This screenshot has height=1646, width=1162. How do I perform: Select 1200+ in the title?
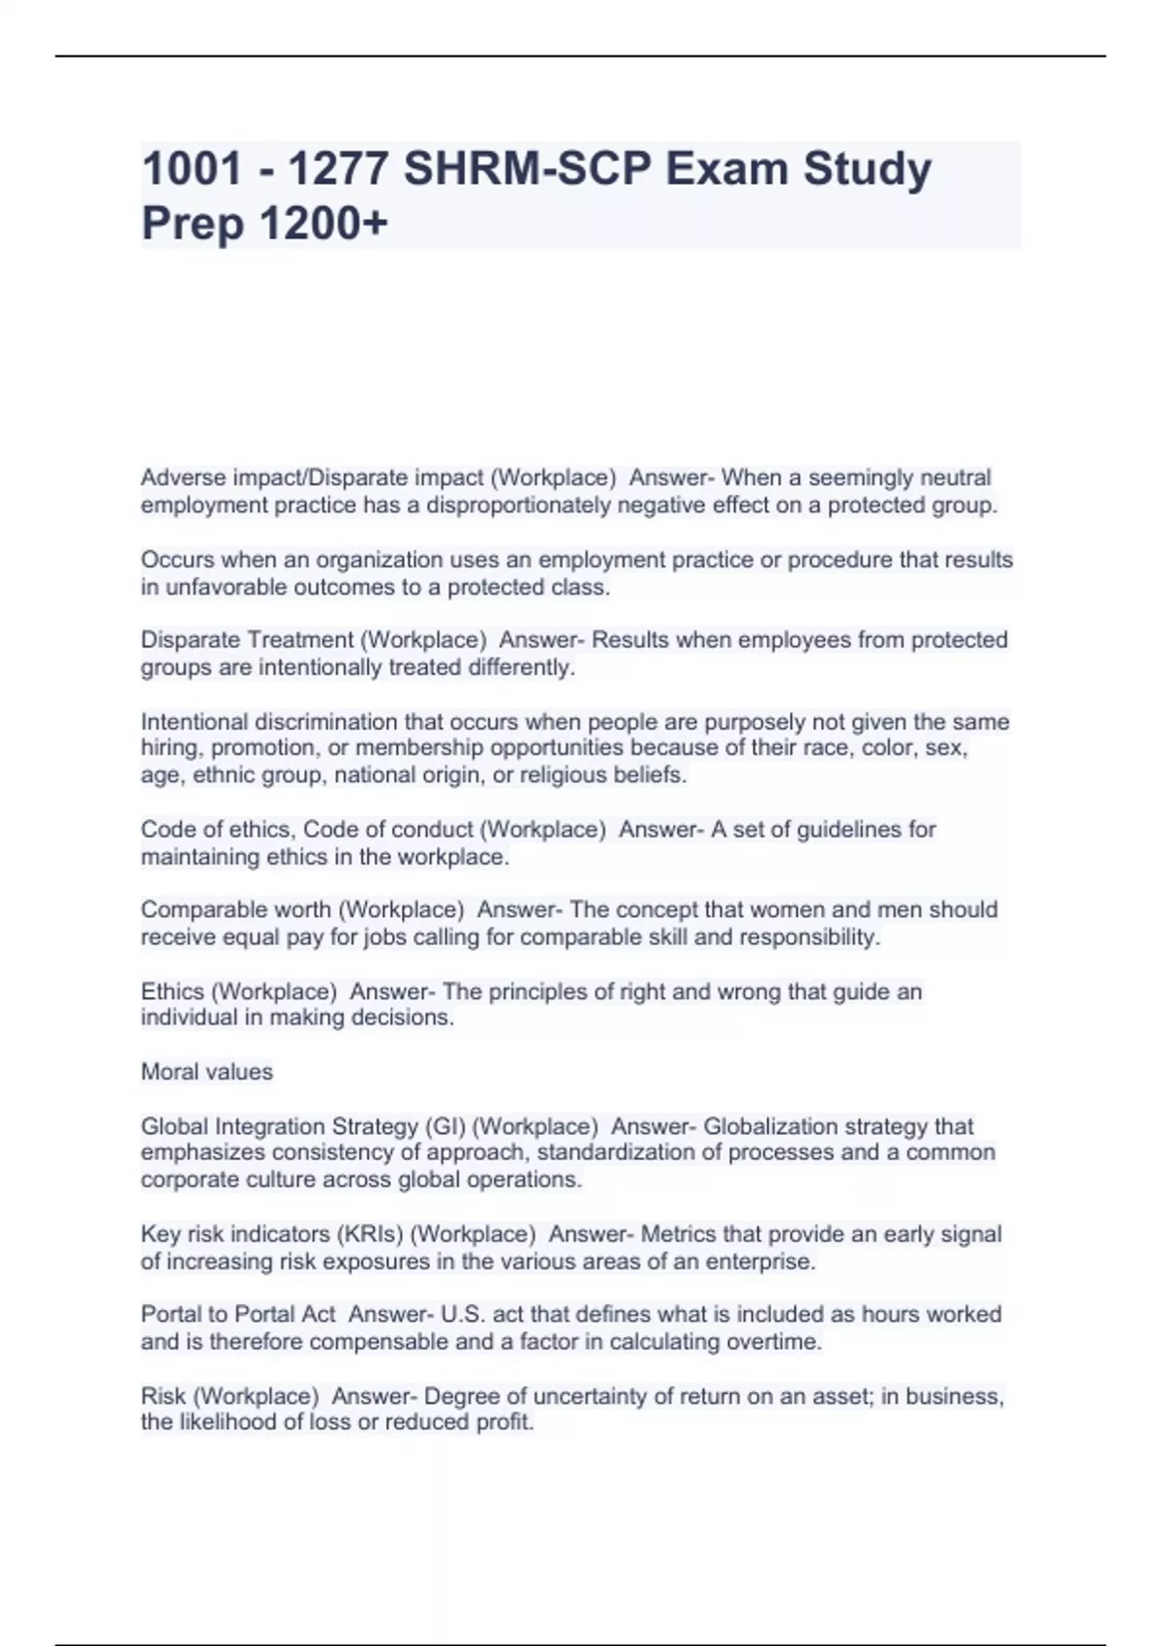323,224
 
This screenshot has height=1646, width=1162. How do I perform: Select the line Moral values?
207,1072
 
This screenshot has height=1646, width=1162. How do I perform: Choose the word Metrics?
678,1234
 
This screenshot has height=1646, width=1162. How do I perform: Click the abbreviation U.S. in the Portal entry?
463,1315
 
